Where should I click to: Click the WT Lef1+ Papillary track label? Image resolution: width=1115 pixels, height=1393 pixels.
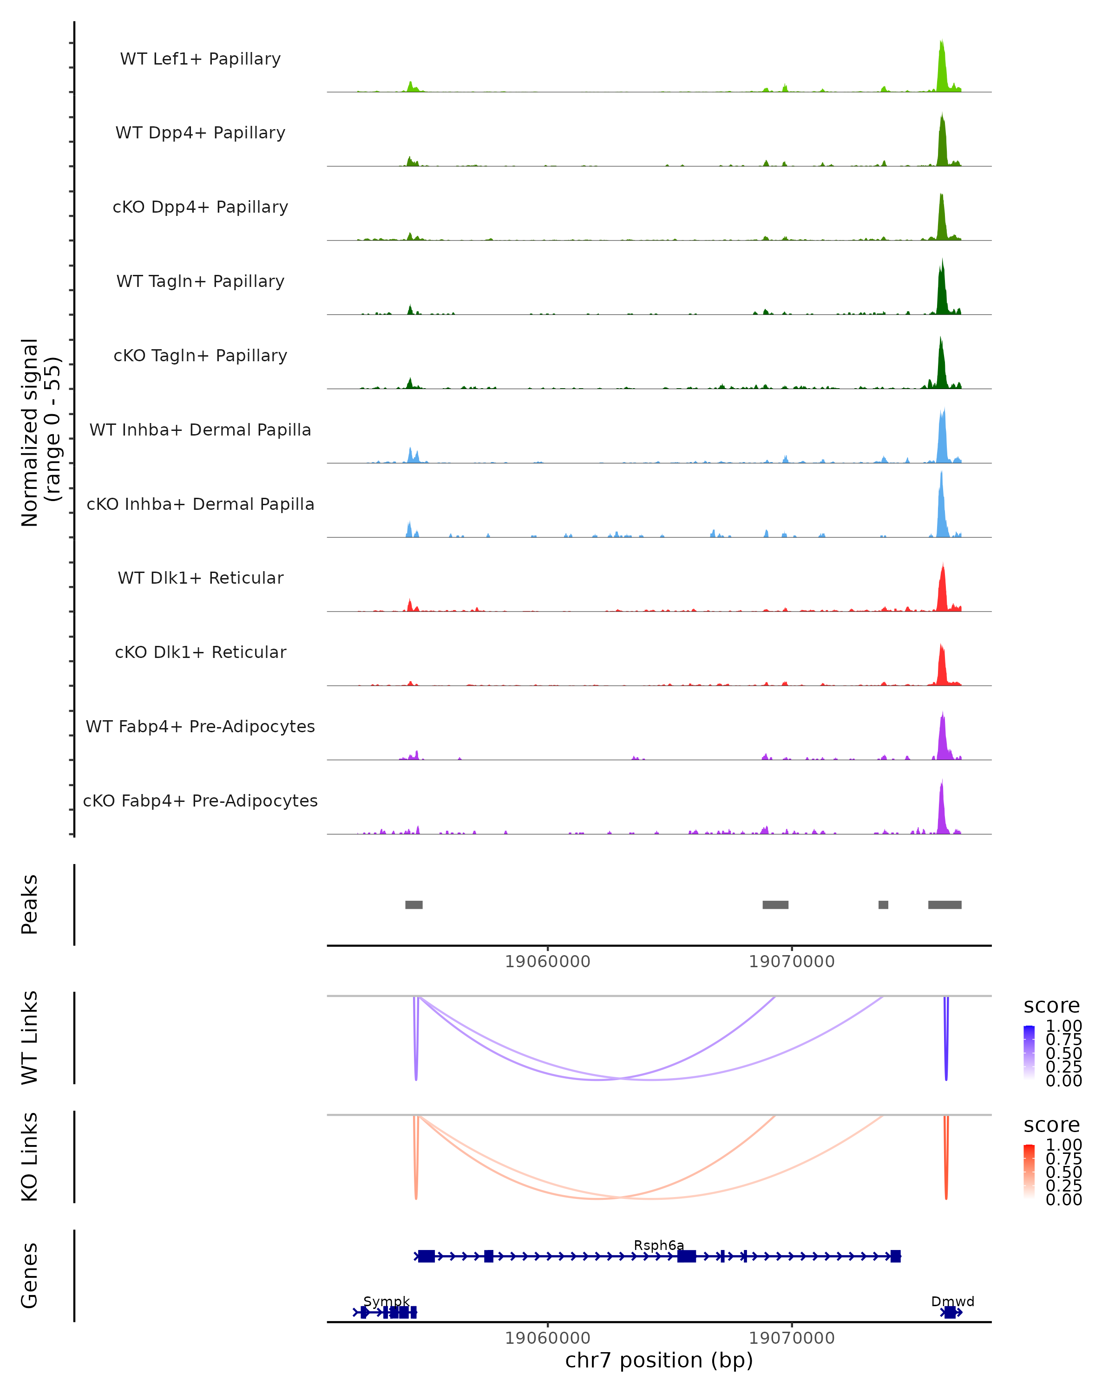(200, 59)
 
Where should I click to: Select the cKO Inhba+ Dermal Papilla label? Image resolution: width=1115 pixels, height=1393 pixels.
(200, 504)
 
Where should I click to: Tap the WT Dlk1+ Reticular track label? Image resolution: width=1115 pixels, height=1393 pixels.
(200, 578)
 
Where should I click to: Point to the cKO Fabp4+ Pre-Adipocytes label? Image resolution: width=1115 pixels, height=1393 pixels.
(200, 801)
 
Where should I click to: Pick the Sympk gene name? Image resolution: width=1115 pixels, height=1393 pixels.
(387, 1301)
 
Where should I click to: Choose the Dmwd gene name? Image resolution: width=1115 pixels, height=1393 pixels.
(952, 1301)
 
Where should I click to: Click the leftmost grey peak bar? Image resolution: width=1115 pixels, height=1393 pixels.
(413, 905)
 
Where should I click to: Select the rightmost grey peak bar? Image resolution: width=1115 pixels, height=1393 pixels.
(944, 905)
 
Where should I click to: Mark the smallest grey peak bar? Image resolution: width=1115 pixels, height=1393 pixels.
(883, 905)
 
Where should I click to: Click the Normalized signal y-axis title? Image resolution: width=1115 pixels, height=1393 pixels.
(40, 432)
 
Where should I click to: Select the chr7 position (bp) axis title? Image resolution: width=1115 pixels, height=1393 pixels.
(659, 1360)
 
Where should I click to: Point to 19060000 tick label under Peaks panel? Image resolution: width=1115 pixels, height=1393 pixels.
(547, 962)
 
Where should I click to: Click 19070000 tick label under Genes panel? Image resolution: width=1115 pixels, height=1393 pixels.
(791, 1338)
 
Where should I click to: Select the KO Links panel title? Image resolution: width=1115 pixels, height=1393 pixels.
(30, 1157)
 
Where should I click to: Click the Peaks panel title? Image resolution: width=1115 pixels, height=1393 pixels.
(30, 905)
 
